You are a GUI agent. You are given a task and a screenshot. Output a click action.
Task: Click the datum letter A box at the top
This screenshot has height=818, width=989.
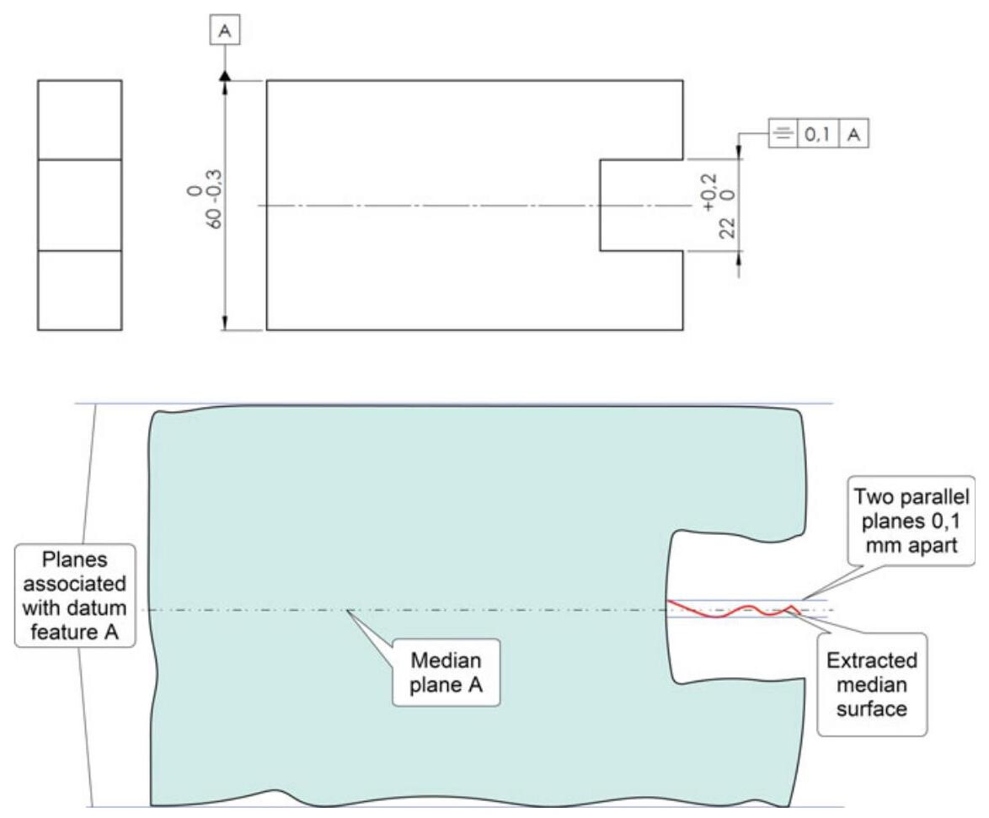pos(225,31)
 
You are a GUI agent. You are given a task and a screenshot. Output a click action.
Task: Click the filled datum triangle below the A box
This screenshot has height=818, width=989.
pos(225,76)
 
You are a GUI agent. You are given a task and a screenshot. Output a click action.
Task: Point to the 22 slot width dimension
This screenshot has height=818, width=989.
pos(730,227)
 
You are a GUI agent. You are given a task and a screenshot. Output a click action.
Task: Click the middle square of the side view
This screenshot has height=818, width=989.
pos(79,205)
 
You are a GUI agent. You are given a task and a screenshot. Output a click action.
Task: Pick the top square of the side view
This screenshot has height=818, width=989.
pos(79,120)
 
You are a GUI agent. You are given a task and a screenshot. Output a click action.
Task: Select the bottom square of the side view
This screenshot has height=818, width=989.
pos(79,291)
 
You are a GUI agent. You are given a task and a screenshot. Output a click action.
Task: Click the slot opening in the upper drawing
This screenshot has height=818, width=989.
pos(640,205)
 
